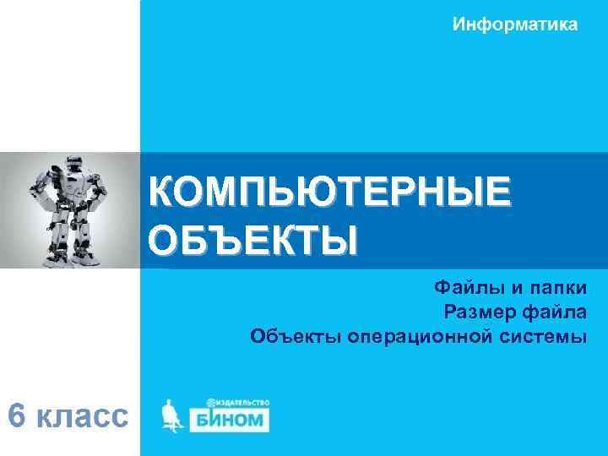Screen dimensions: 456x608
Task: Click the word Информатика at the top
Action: pos(515,24)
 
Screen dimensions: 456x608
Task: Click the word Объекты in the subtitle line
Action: pos(292,338)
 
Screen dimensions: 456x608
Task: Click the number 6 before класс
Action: pos(16,415)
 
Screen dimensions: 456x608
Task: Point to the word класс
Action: pos(84,416)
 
